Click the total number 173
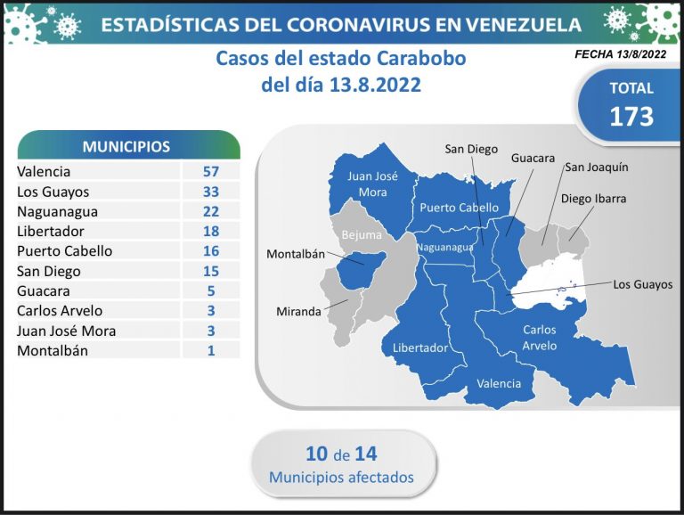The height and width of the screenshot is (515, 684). tap(631, 117)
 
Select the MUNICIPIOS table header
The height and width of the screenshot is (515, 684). tap(126, 147)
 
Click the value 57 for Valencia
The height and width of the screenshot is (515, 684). tap(211, 172)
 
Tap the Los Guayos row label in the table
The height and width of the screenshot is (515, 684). tap(53, 192)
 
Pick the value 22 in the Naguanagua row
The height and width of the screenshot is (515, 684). tap(211, 212)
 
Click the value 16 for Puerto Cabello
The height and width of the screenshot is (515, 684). tap(211, 251)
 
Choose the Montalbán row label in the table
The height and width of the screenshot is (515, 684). tap(53, 350)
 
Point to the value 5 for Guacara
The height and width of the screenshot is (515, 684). tap(211, 291)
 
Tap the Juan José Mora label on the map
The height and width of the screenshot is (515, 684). tap(372, 184)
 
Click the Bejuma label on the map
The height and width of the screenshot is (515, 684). tap(362, 235)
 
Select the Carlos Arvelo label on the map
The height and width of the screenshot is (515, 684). tap(540, 338)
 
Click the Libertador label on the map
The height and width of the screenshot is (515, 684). tap(420, 347)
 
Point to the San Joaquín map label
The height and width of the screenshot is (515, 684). tap(597, 168)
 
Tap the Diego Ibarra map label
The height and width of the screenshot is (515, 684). tap(593, 199)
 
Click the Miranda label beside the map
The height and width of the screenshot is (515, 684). tap(298, 312)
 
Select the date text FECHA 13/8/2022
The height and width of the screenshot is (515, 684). tap(620, 54)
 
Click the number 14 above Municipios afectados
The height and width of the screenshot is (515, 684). tap(365, 454)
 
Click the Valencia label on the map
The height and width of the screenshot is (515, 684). tap(499, 384)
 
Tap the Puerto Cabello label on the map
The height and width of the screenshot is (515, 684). tap(459, 208)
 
